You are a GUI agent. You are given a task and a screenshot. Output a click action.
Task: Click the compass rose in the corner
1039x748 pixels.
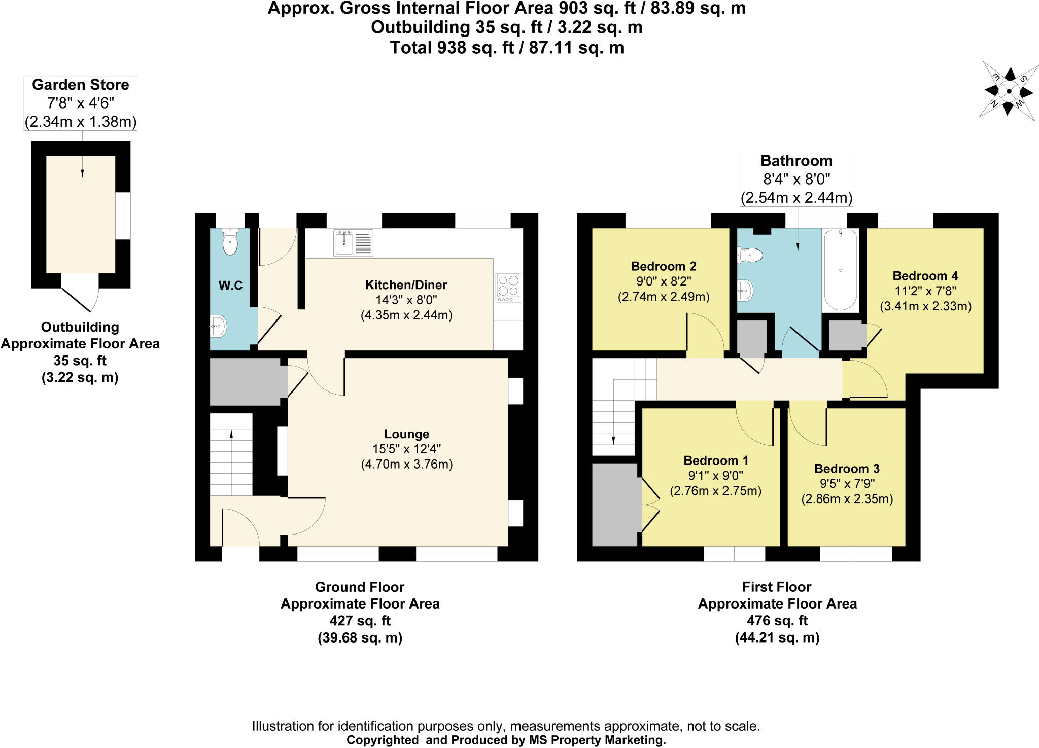(x=1008, y=92)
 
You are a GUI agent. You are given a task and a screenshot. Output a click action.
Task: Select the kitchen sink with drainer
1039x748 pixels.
(x=353, y=243)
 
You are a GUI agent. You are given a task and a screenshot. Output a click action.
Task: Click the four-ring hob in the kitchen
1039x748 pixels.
(x=508, y=287)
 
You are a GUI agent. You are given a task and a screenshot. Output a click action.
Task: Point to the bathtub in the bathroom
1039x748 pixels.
(x=841, y=270)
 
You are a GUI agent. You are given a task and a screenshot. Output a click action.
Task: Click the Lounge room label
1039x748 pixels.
(x=406, y=434)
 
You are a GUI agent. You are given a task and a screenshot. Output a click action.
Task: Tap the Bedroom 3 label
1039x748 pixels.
(x=847, y=469)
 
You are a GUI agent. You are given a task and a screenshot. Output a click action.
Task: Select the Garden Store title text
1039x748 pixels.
(x=81, y=85)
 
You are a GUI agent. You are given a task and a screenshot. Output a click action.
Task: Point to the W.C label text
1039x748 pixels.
(x=230, y=286)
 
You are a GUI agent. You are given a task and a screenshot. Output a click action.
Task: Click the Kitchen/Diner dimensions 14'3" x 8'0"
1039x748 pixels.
(x=406, y=300)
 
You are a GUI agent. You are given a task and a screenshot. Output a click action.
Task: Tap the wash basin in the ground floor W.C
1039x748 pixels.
(x=219, y=327)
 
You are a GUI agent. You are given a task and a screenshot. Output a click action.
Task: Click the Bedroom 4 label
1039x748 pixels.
(x=925, y=276)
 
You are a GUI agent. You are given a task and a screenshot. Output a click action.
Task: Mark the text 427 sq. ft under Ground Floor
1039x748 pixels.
(x=360, y=621)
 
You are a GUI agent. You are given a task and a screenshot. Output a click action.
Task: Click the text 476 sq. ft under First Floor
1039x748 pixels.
(x=777, y=621)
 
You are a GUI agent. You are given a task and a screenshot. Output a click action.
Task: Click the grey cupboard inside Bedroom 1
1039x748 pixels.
(x=615, y=504)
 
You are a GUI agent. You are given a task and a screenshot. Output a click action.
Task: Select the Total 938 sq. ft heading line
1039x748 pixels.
(x=506, y=48)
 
